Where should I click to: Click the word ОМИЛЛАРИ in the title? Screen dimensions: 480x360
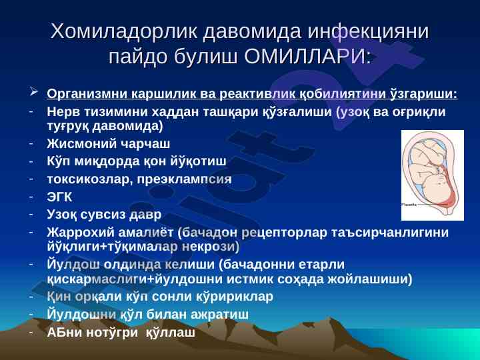(x=307, y=57)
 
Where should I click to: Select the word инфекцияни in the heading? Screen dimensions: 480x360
(x=368, y=31)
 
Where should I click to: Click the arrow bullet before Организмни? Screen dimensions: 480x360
(x=33, y=91)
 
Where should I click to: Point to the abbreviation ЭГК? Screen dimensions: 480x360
(x=59, y=197)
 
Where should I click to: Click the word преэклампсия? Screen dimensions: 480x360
(x=184, y=179)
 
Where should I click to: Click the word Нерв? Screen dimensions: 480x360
(x=64, y=112)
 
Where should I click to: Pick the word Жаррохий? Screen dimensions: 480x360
(x=80, y=233)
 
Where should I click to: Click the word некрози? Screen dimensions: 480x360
(x=211, y=247)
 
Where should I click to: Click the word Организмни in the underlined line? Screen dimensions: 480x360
(x=87, y=94)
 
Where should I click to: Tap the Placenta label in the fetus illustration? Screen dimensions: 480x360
(x=409, y=204)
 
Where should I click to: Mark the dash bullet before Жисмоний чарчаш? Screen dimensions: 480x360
(x=31, y=143)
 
